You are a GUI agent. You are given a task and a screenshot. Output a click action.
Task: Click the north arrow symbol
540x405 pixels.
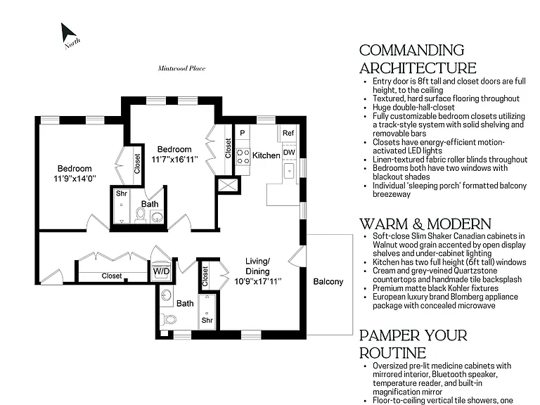pos(67,34)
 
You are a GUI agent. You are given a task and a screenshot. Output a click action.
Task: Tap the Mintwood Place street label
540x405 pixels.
pos(181,68)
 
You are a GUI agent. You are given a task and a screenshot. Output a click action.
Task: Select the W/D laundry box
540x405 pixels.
pos(161,271)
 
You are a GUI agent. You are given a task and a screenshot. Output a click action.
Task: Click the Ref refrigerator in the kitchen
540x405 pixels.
pos(288,133)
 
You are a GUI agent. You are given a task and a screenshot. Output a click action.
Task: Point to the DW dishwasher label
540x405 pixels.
pos(289,152)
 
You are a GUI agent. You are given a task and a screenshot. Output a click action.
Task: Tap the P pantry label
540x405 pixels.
pos(243,133)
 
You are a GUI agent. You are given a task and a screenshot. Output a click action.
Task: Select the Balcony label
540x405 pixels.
pos(328,282)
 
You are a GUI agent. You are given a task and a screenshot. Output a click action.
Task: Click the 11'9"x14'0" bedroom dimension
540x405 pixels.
pos(75,179)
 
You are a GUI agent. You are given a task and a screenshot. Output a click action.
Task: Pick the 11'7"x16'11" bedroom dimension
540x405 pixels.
pos(174,159)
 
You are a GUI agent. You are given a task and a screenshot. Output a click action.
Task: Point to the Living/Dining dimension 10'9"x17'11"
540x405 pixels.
pos(258,281)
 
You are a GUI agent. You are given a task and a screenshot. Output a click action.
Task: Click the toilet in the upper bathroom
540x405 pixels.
pos(140,216)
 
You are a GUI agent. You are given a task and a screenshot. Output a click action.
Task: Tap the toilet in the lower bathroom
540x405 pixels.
pos(169,319)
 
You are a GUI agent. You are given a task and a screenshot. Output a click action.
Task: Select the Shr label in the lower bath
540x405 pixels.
pos(207,321)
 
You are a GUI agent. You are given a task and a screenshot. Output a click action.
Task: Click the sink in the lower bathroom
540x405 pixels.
pos(167,295)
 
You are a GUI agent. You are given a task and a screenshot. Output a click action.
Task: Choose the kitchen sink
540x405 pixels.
pos(289,170)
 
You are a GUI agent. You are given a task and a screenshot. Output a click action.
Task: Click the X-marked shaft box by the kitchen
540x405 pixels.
pos(228,185)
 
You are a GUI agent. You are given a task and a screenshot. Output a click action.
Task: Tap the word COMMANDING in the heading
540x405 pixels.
pos(412,51)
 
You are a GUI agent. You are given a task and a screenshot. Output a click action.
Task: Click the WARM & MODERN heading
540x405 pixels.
pos(425,224)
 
